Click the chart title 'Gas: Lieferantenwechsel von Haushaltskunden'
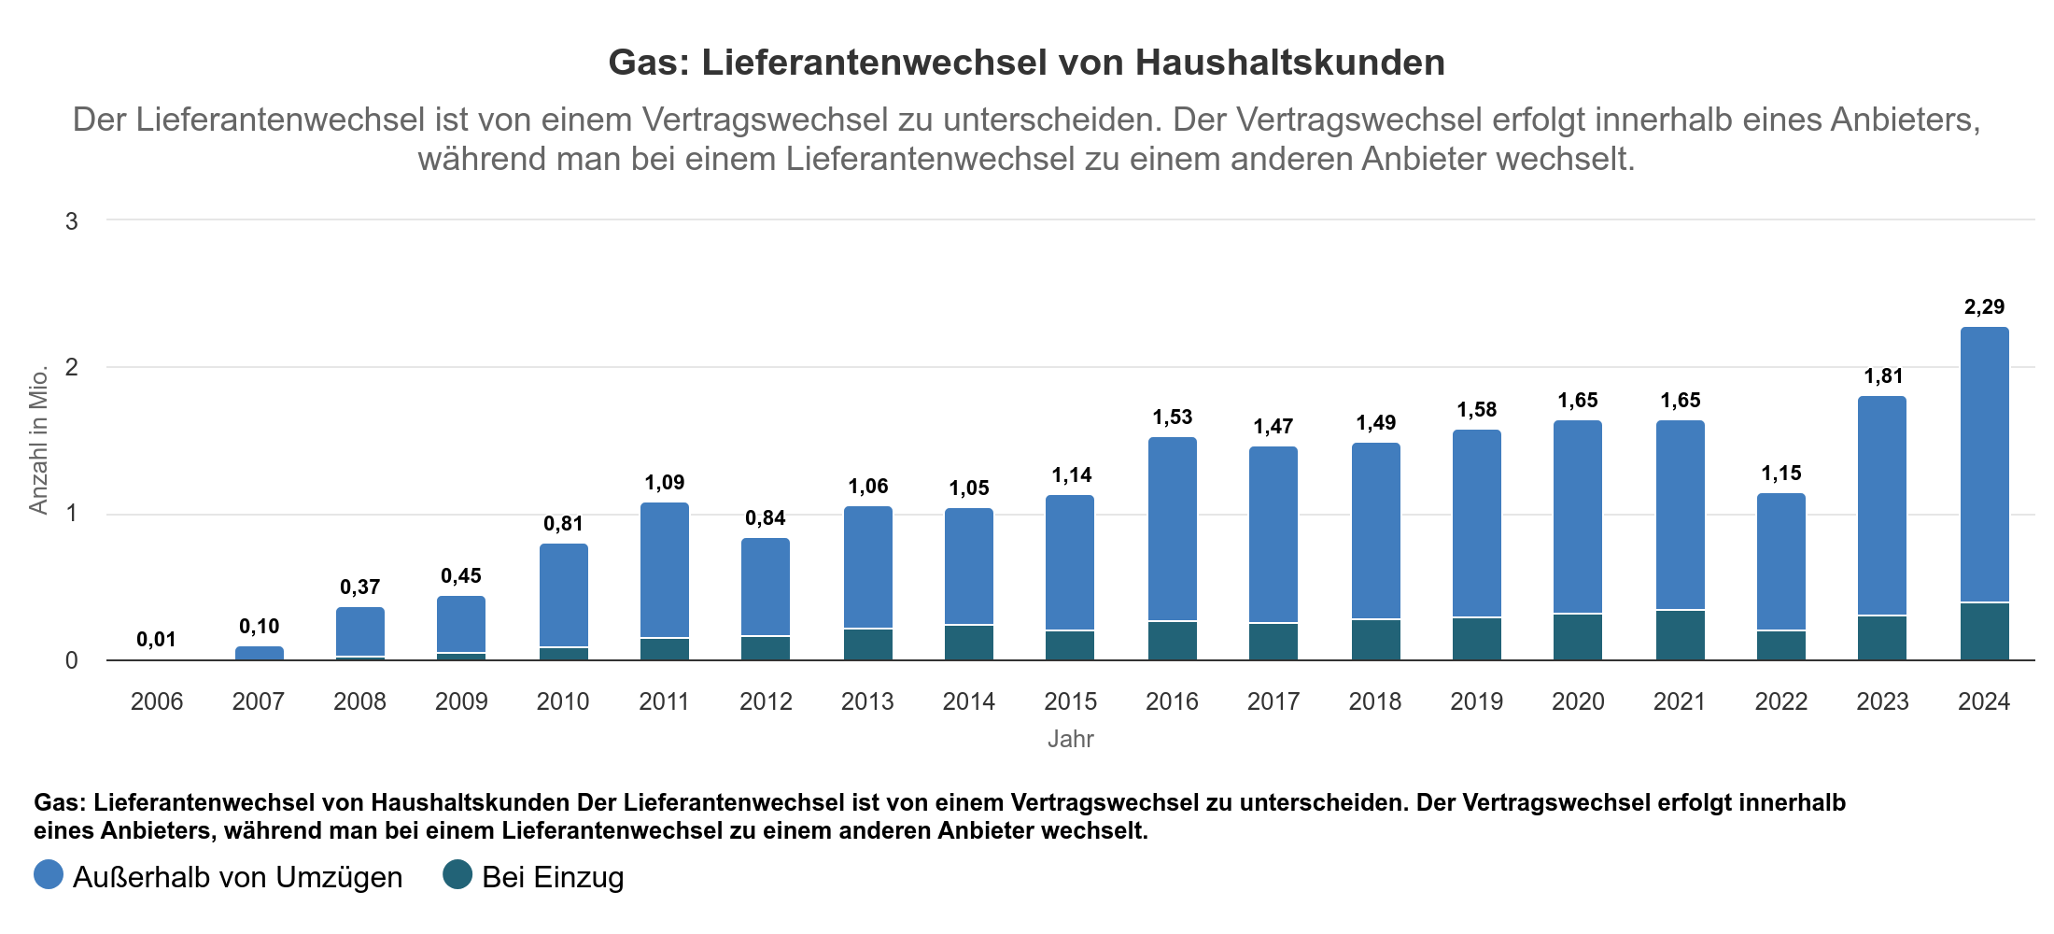tap(1026, 63)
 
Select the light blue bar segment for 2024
tap(1984, 464)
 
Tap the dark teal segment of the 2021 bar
tap(1680, 635)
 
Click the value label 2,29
tap(1984, 306)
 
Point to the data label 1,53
tap(1172, 417)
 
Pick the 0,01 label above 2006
tap(156, 639)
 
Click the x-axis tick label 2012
tap(766, 701)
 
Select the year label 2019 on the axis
tap(1476, 701)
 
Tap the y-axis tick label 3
tap(72, 221)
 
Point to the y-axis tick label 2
tap(72, 367)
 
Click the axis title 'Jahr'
tap(1070, 739)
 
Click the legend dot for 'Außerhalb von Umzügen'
tap(49, 875)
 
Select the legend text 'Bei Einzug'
tap(553, 877)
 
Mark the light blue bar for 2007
tap(259, 653)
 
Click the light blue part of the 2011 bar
tap(664, 570)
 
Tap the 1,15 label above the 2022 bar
tap(1780, 473)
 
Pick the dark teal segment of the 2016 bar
tap(1172, 641)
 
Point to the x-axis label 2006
tap(156, 701)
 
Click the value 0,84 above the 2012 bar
tap(766, 517)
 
